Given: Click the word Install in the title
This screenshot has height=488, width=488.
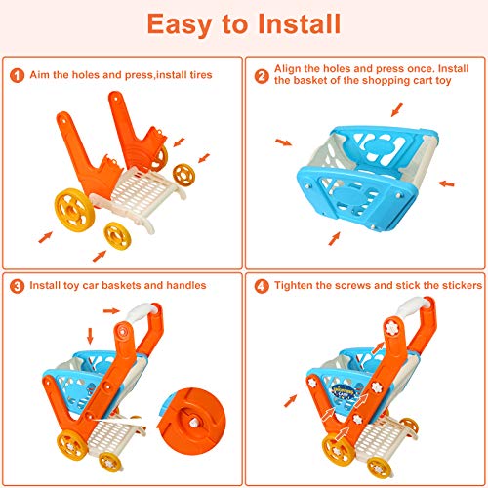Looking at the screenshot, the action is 299,23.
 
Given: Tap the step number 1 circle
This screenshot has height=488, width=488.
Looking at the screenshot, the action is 18,75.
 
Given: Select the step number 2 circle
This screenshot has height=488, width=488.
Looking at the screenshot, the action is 262,77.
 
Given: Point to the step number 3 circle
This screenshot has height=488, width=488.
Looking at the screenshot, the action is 18,286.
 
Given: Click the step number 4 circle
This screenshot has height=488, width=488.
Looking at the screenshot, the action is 262,286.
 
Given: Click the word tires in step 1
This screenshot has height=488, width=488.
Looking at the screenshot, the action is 201,75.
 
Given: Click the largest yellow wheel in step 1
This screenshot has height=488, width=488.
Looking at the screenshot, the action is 74,210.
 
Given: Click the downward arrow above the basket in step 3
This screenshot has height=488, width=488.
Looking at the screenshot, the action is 90,336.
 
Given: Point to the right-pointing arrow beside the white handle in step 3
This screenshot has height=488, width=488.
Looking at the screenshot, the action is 111,311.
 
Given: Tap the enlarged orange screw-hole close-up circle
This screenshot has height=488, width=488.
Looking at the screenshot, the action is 191,422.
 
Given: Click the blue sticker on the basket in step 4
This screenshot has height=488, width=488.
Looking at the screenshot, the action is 344,391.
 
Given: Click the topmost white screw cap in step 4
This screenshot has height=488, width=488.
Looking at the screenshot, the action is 391,327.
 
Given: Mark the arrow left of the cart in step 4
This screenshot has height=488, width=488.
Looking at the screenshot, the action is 291,400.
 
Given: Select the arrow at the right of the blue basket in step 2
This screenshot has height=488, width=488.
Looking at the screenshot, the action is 446,183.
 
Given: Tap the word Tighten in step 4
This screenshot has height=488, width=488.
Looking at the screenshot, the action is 294,285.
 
